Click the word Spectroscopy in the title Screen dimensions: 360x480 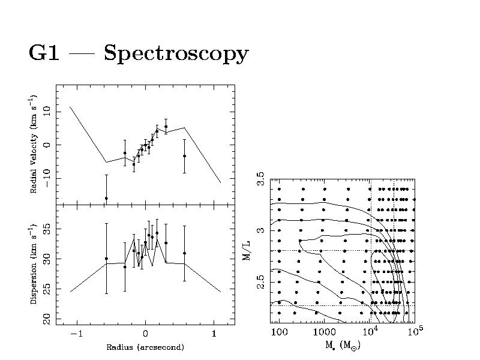[x=176, y=54]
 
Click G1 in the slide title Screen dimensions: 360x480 [x=44, y=53]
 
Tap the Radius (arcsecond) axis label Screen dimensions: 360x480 [x=145, y=347]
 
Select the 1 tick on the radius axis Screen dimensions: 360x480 [x=214, y=334]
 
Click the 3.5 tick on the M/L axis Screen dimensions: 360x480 [x=260, y=179]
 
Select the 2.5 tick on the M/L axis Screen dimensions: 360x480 [x=260, y=281]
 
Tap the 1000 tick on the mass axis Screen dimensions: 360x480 [x=323, y=332]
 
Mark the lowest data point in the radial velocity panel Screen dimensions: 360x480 [x=106, y=198]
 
